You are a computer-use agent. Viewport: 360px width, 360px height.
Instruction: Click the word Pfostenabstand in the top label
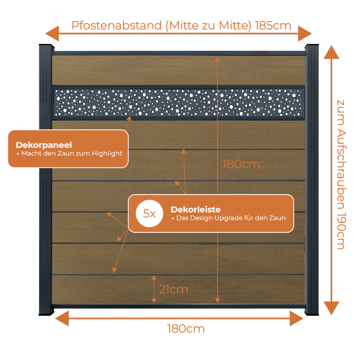pos(117,26)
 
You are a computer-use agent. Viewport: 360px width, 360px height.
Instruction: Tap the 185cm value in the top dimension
pos(273,26)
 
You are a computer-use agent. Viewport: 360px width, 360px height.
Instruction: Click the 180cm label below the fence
pos(186,329)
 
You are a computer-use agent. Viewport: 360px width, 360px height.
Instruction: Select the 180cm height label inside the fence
pos(241,165)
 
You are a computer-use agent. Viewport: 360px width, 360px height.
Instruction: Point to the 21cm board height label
pos(174,289)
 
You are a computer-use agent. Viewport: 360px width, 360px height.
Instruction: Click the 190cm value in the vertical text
pos(341,231)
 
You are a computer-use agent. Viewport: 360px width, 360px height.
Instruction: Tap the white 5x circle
pos(149,213)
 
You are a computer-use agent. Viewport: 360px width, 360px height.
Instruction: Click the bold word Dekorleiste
pos(195,210)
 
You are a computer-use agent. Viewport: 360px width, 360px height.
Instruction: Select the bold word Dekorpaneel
pos(44,145)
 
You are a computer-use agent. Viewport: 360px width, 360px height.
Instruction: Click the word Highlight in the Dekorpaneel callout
pos(107,153)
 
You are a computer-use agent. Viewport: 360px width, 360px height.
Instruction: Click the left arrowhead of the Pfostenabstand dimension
pos(52,33)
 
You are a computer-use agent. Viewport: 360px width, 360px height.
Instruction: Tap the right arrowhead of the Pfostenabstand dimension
pos(305,33)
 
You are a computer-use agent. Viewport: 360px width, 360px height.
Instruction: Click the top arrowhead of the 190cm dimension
pos(331,52)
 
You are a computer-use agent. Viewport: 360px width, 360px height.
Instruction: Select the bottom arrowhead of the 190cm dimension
pos(331,309)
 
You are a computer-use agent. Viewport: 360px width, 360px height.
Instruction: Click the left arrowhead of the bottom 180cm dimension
pos(62,319)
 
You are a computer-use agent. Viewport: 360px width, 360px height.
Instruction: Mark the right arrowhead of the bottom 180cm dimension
pos(297,319)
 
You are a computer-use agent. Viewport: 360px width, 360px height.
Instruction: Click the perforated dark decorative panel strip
pos(179,103)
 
